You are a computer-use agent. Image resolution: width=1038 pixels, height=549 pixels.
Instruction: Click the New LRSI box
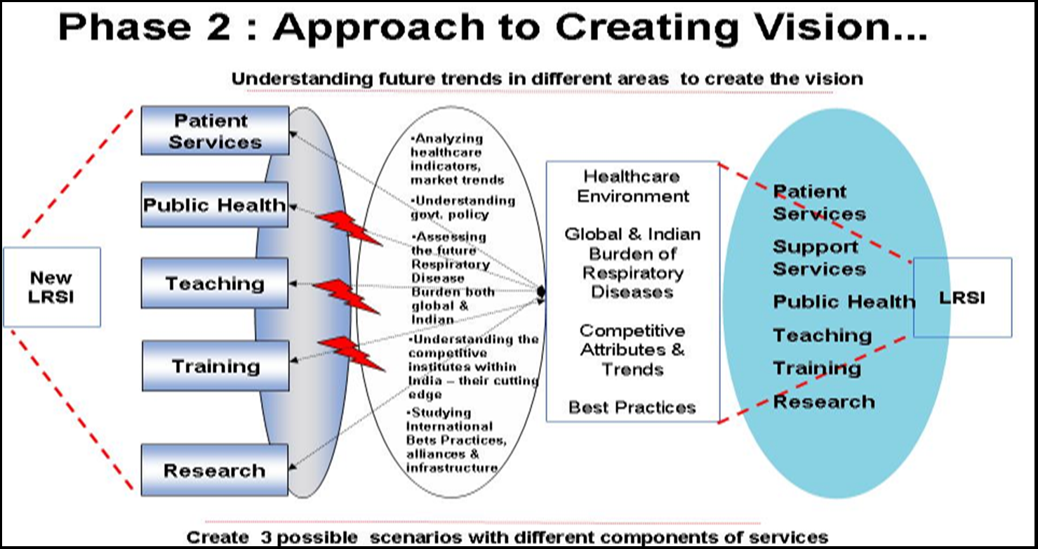(51, 286)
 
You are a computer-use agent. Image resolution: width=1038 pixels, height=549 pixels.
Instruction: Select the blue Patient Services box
(214, 131)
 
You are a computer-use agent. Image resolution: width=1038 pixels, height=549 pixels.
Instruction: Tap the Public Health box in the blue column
(214, 205)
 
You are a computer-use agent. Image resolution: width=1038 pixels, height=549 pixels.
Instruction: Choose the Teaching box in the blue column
(214, 283)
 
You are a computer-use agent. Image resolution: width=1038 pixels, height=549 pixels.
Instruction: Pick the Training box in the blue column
(214, 366)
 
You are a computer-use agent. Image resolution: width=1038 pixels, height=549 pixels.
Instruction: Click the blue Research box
(214, 470)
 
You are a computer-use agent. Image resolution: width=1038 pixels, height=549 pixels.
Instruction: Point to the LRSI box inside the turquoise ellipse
(962, 298)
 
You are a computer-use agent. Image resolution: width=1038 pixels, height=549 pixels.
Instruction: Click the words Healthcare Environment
(632, 185)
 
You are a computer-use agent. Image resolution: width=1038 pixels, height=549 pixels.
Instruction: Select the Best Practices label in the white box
(632, 407)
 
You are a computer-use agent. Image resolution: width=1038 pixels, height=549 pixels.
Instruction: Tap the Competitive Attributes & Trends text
(632, 349)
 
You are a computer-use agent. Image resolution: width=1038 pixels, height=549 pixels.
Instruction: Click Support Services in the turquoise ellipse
(818, 258)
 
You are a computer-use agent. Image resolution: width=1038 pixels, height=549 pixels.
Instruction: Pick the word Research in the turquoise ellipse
(823, 402)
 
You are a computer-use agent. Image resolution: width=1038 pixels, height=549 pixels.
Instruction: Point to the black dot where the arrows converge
(542, 291)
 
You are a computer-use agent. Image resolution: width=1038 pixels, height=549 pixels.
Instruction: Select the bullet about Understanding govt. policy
(462, 207)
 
